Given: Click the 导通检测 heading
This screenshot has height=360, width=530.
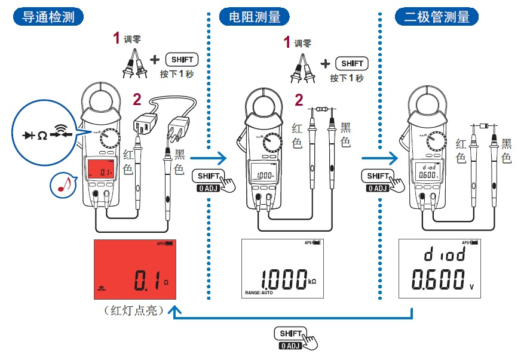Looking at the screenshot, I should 48,17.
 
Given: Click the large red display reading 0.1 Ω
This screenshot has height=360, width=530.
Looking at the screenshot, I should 136,270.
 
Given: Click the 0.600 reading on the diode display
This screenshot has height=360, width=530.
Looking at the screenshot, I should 437,279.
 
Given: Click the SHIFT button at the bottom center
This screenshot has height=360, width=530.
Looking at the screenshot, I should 290,333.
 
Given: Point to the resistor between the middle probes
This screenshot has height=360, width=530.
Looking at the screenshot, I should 321,109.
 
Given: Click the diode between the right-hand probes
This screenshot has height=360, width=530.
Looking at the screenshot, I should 483,127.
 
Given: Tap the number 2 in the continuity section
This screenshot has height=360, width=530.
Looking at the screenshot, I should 137,99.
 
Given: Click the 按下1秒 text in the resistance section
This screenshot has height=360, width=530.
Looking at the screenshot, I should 346,78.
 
